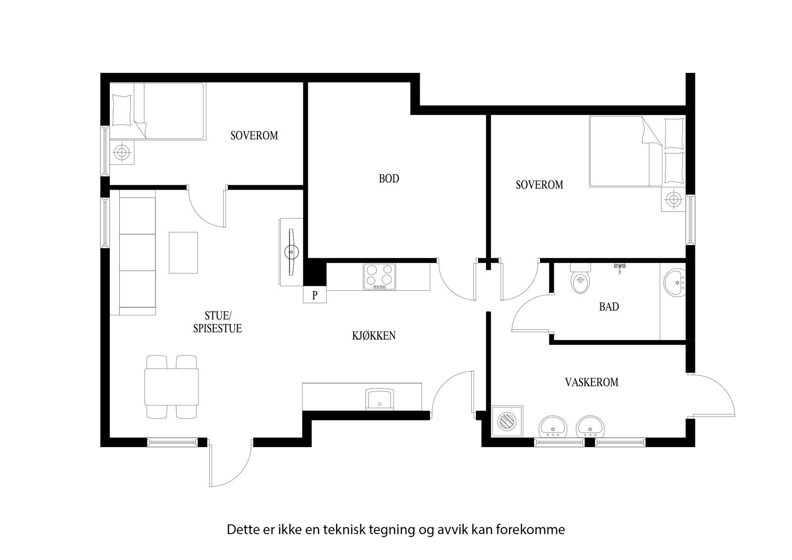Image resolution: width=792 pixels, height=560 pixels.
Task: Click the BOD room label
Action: click(389, 179)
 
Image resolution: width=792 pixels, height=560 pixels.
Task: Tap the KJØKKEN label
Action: click(374, 336)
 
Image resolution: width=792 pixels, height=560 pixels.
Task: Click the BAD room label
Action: click(609, 307)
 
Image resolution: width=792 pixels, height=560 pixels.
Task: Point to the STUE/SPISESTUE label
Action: click(217, 322)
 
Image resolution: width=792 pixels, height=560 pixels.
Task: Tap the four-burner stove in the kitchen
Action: click(380, 276)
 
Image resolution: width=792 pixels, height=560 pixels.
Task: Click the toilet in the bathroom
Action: click(580, 280)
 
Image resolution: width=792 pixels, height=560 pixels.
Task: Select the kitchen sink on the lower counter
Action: click(380, 399)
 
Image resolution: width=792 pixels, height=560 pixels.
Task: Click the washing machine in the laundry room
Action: click(507, 421)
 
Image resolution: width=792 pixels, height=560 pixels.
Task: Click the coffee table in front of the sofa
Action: click(184, 253)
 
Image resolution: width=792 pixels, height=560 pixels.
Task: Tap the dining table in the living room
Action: click(172, 387)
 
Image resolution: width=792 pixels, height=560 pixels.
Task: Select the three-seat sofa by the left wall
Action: click(138, 255)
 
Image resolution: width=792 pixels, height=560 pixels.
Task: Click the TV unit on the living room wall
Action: click(292, 252)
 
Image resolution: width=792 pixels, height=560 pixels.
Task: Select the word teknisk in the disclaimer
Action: click(345, 529)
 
